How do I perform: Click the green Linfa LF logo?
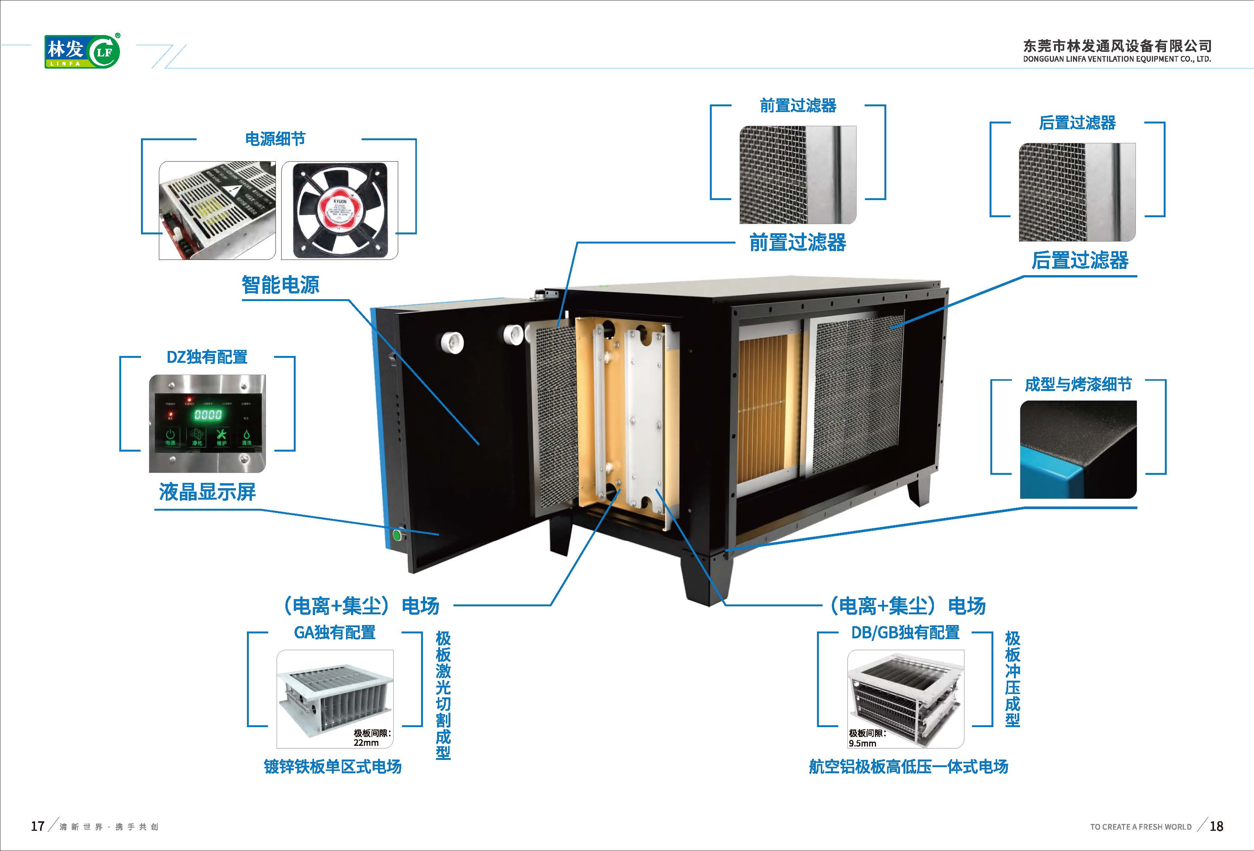pos(82,51)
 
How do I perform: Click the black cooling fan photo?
pos(340,210)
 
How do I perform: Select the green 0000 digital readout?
pos(208,414)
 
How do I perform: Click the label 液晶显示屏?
pos(207,492)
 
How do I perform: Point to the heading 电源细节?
pos(275,139)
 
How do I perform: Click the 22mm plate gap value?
pos(367,742)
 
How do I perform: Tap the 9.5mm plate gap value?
pos(862,743)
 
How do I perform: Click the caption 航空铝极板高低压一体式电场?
pos(908,766)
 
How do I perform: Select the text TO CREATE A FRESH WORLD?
pos(1141,827)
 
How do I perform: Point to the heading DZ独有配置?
pos(207,357)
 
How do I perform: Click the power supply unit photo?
pos(217,210)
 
